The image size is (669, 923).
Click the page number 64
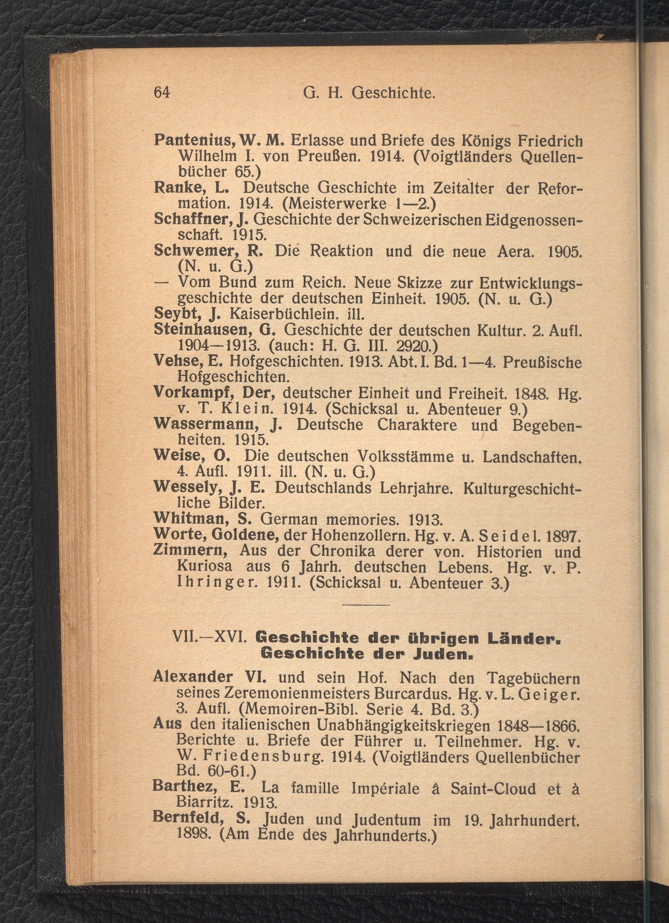point(161,93)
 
